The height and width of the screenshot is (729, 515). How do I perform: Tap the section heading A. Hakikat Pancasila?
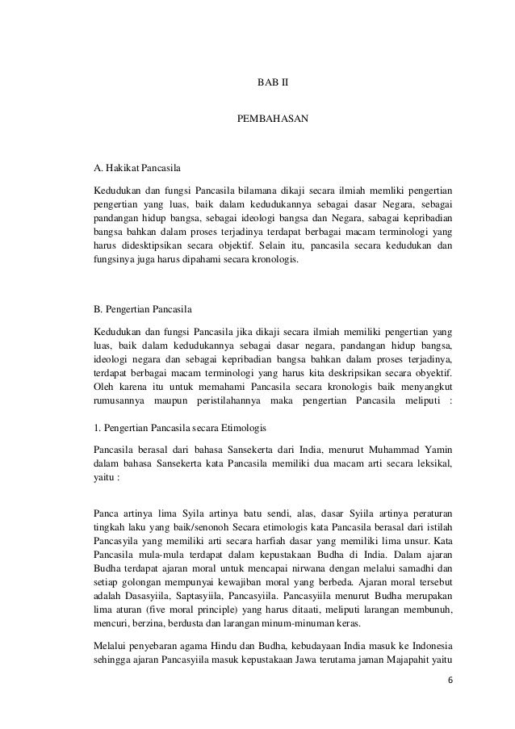[138, 169]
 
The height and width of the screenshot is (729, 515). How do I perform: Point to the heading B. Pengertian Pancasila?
[144, 308]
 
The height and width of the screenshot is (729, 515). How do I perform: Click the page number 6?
[450, 703]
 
